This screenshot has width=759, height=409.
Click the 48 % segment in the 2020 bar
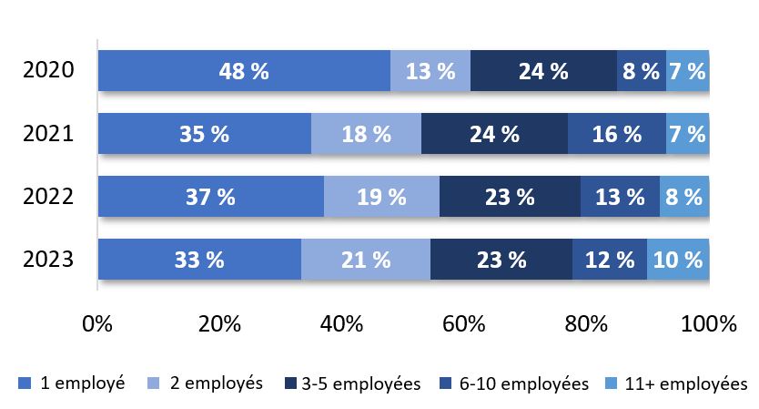click(244, 71)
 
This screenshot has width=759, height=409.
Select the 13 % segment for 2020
click(430, 71)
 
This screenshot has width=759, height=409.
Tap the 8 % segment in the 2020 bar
click(641, 71)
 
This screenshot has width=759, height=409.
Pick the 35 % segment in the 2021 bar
click(205, 134)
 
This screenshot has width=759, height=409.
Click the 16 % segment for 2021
click(616, 134)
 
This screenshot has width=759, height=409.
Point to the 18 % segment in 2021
click(366, 134)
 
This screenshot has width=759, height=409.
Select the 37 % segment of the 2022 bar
click(211, 196)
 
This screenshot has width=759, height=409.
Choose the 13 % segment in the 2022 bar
click(620, 196)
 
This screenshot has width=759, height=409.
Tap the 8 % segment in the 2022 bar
click(683, 196)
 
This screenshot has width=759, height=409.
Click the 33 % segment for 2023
click(199, 259)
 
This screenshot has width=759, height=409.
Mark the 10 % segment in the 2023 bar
click(678, 259)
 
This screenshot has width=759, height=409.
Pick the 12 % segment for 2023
click(609, 259)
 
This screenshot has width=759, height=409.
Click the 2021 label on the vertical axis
click(50, 134)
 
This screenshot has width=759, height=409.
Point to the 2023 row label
click(50, 259)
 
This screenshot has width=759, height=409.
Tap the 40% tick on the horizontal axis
click(342, 324)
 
